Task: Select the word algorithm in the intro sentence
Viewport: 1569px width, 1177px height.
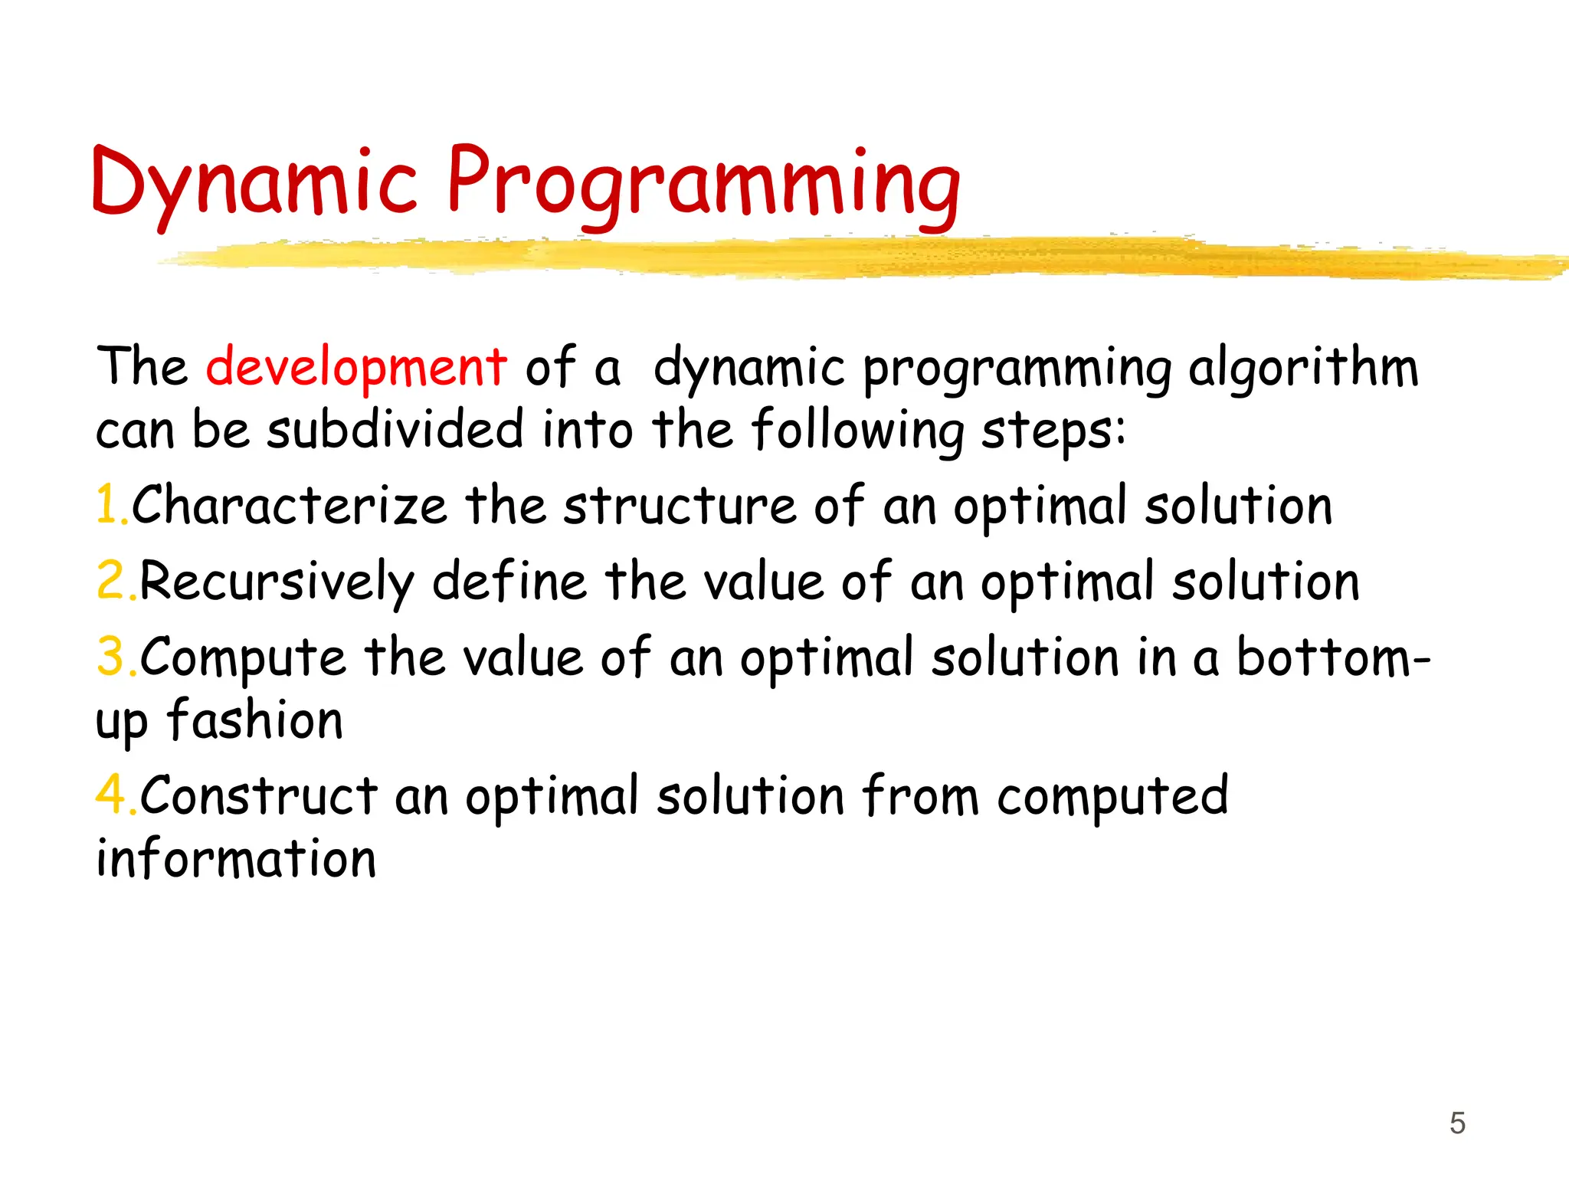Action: point(1303,368)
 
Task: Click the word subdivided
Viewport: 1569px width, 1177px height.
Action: point(395,430)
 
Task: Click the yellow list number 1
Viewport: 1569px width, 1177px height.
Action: point(108,506)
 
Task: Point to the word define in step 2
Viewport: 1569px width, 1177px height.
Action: point(509,582)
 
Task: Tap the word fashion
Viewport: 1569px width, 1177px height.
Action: point(255,720)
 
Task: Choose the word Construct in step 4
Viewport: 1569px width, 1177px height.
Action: point(258,795)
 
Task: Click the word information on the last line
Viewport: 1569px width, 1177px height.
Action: point(236,858)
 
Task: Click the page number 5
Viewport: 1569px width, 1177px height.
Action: point(1457,1123)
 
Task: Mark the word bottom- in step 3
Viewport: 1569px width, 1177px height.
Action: point(1334,657)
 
